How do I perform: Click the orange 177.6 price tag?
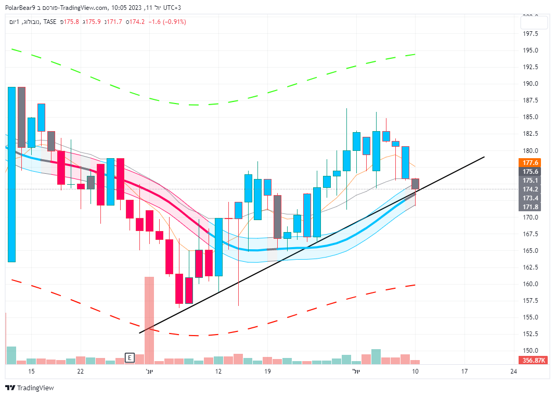click(531, 162)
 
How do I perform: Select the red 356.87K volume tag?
click(533, 360)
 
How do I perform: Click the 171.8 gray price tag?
click(531, 207)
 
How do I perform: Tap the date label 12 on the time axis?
click(218, 372)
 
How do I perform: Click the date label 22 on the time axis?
click(80, 372)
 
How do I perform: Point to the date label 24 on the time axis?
click(513, 372)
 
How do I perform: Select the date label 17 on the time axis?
click(464, 372)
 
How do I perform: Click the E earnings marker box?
click(130, 357)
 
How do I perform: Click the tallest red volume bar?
click(149, 320)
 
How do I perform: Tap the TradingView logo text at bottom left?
click(35, 388)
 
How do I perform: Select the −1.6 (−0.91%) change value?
click(167, 22)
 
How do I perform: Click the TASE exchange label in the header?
click(50, 22)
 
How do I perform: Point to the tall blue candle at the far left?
click(11, 174)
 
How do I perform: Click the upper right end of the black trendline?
click(484, 157)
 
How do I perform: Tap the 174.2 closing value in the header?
click(137, 22)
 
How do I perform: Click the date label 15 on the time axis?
click(31, 372)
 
